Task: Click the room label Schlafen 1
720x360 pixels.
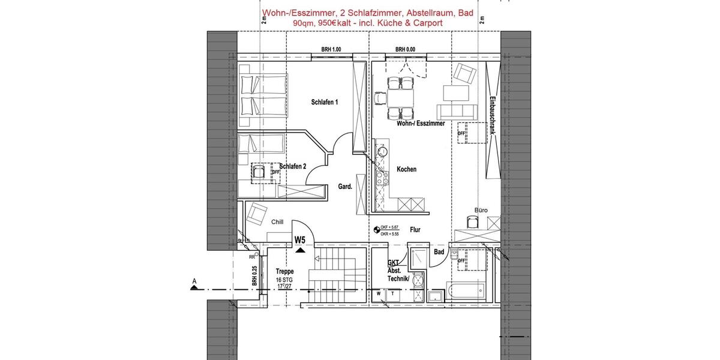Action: click(325, 102)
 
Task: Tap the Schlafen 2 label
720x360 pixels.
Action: click(293, 166)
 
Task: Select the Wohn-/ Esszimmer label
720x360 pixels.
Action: click(421, 123)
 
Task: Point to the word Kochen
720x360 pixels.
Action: click(406, 169)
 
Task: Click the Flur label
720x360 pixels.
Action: click(415, 229)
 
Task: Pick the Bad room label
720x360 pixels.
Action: click(439, 252)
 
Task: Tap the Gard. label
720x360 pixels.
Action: click(345, 187)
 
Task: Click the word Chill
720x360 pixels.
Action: click(277, 221)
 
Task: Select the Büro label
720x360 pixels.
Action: click(481, 210)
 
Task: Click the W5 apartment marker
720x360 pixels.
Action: click(300, 240)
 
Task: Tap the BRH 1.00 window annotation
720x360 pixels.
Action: click(331, 49)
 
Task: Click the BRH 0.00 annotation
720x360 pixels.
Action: click(405, 49)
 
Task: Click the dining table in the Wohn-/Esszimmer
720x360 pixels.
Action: click(400, 97)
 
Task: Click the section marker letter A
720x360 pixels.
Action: click(194, 280)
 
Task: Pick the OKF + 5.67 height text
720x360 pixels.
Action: click(390, 227)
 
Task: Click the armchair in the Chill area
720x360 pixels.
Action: click(257, 212)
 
